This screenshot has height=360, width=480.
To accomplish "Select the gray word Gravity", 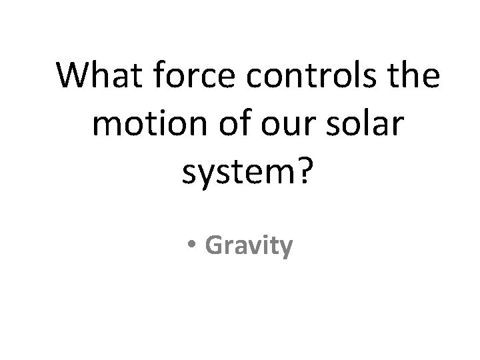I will [x=249, y=245].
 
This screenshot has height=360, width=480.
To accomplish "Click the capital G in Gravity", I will [x=215, y=245].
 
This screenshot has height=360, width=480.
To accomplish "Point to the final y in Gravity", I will [x=285, y=249].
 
